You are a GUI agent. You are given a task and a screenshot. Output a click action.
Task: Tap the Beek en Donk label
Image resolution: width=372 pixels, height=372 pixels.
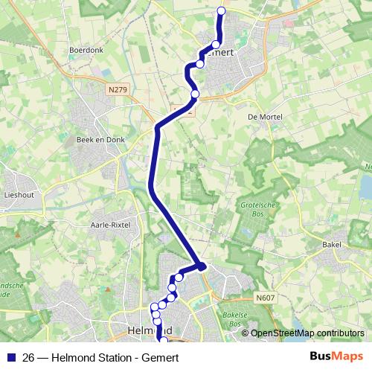pos(97,139)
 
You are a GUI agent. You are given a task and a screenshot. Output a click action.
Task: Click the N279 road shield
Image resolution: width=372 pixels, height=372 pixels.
pos(117,89)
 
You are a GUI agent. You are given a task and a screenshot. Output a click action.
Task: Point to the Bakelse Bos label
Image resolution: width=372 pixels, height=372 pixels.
pos(235,320)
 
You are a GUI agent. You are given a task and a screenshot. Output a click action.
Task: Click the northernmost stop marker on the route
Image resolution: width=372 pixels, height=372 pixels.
pos(221,10)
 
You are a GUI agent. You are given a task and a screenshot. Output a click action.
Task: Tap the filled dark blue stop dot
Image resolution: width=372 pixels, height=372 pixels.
pos(201,266)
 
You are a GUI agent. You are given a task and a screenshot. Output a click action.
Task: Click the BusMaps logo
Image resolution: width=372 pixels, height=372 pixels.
pos(336,356)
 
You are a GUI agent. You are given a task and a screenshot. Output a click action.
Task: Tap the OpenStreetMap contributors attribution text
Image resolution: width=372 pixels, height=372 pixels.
pos(307,333)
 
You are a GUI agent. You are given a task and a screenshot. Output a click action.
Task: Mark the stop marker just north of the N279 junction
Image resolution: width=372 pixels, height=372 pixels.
pos(195,94)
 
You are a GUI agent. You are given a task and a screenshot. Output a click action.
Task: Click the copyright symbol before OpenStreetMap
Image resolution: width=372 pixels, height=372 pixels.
pos(245,333)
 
